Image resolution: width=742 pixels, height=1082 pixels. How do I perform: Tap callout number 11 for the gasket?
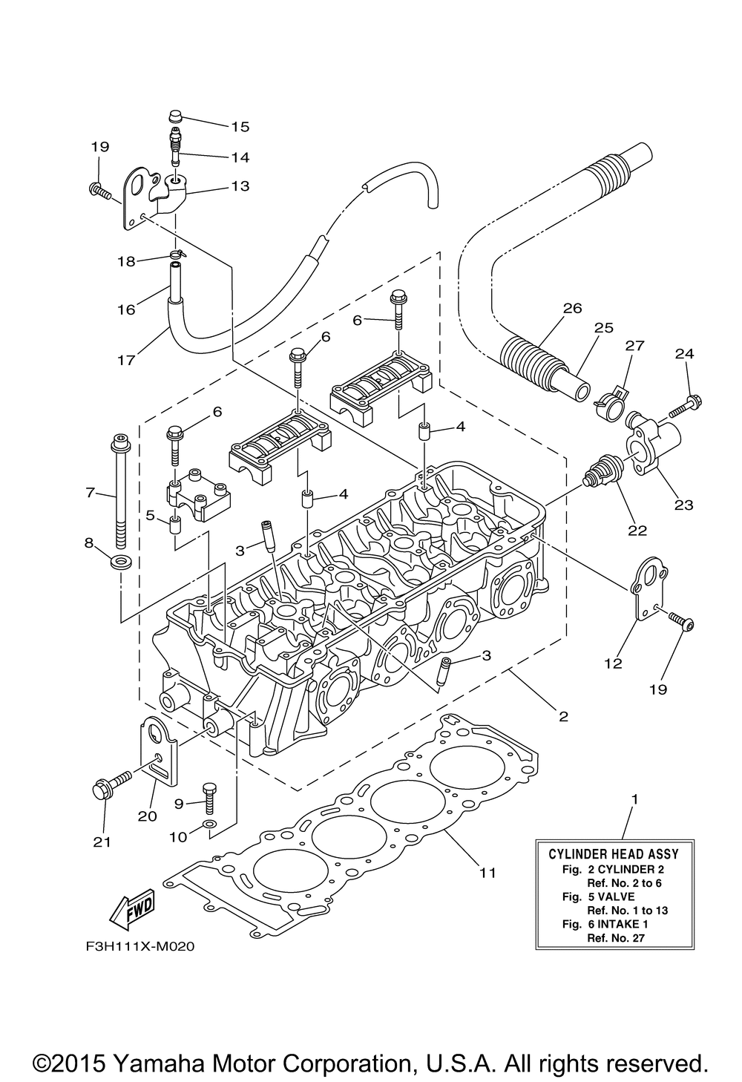tap(486, 873)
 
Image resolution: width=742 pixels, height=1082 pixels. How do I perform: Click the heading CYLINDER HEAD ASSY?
tap(614, 854)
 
